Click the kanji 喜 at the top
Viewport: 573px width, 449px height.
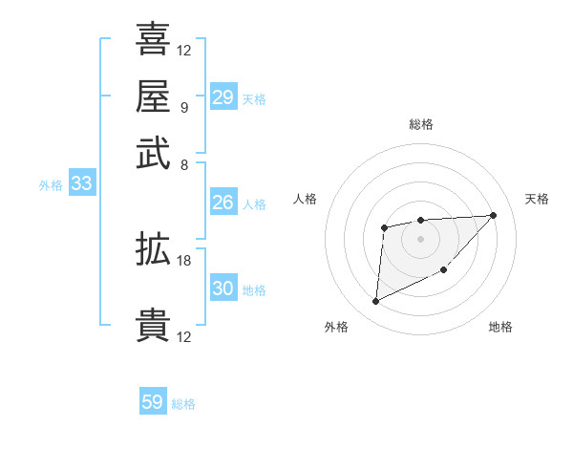153,39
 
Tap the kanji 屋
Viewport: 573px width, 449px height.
153,96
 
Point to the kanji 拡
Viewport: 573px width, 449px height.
153,249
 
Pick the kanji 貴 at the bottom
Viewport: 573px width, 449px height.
153,325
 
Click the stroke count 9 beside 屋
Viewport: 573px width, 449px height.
183,107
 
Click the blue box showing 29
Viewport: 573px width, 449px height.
223,97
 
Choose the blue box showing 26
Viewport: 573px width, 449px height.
223,203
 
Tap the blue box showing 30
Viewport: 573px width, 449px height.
223,289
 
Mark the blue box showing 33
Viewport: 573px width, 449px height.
81,184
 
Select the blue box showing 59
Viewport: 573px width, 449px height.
153,402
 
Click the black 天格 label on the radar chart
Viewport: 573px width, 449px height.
537,199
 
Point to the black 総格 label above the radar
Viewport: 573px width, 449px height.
421,125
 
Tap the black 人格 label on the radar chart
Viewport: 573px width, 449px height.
306,199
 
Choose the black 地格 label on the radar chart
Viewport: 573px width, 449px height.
500,328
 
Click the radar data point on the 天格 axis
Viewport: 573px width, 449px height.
493,215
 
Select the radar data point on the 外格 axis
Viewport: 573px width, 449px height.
375,301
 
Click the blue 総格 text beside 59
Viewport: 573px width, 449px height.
183,404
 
